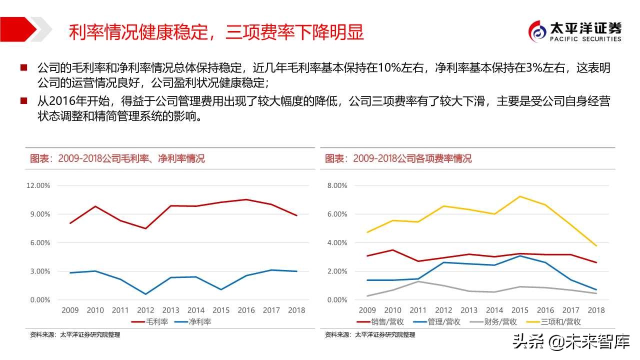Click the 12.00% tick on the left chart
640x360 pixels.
pyautogui.click(x=38, y=185)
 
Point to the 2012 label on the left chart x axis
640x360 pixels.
pyautogui.click(x=145, y=310)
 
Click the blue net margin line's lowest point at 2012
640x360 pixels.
pyautogui.click(x=145, y=294)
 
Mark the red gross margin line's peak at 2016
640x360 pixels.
pyautogui.click(x=246, y=199)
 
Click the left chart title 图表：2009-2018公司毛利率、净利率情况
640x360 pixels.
pyautogui.click(x=117, y=159)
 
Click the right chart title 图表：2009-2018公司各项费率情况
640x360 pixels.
pyautogui.click(x=398, y=159)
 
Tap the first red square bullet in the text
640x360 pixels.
pyautogui.click(x=23, y=67)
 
